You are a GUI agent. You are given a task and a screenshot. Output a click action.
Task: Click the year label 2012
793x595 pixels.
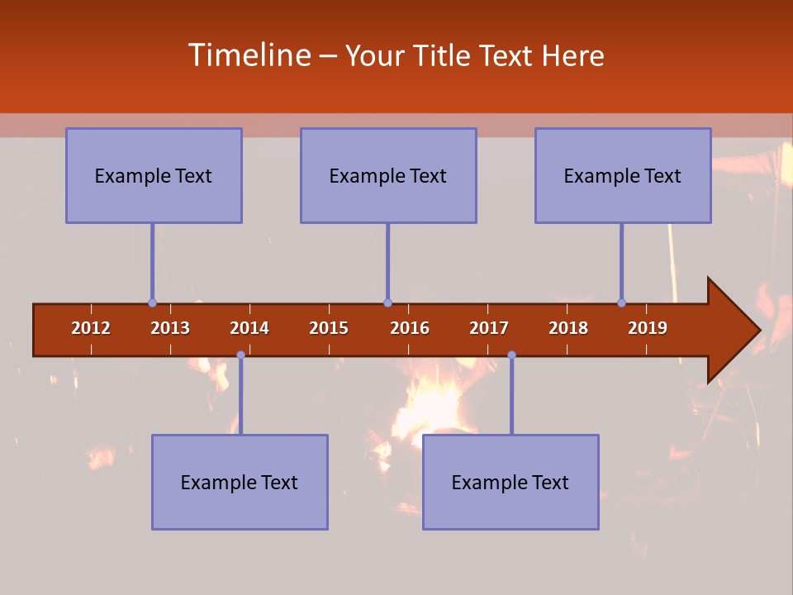click(x=91, y=328)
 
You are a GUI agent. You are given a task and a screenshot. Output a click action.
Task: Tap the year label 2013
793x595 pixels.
click(x=170, y=328)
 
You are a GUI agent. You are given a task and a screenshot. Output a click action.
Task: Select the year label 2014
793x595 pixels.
click(x=249, y=328)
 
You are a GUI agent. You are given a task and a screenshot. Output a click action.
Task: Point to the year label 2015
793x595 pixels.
click(x=329, y=328)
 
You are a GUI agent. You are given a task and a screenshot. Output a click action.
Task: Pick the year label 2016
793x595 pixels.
click(x=410, y=328)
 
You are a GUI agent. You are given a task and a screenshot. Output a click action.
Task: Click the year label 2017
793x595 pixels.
click(x=489, y=328)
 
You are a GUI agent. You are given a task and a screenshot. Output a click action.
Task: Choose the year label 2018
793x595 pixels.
click(x=568, y=328)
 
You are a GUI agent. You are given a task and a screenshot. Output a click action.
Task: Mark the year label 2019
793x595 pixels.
click(x=648, y=328)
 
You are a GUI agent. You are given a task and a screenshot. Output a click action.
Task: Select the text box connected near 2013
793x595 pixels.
click(x=154, y=175)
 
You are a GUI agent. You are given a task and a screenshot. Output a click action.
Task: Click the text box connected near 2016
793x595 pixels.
click(x=388, y=175)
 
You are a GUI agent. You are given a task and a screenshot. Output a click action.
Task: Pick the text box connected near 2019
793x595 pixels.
click(x=623, y=175)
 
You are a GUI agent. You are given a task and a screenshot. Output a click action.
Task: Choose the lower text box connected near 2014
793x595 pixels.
click(x=240, y=482)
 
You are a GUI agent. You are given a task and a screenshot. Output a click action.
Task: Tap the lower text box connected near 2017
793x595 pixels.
click(x=510, y=482)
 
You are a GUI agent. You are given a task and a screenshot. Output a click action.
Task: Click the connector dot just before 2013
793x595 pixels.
click(x=153, y=302)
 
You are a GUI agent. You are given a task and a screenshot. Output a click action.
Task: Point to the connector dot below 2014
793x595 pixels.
click(x=240, y=355)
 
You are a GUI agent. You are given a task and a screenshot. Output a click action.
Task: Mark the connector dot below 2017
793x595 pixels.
click(x=511, y=355)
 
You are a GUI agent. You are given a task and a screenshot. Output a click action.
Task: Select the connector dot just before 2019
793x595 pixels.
click(x=622, y=302)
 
